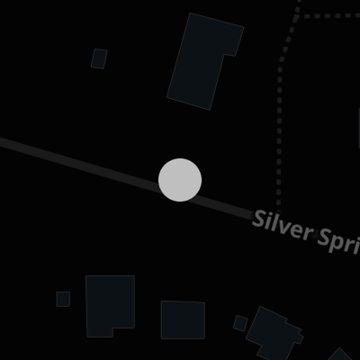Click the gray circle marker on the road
click(180, 180)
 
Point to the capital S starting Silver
click(259, 219)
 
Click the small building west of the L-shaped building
click(99, 58)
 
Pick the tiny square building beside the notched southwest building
click(63, 299)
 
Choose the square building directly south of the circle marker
click(183, 320)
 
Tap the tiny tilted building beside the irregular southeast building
click(240, 323)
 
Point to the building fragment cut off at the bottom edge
click(340, 355)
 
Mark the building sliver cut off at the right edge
click(359, 129)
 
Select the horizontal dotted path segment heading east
click(331, 15)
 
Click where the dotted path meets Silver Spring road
click(278, 212)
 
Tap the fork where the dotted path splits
click(298, 15)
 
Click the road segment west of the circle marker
click(79, 165)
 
